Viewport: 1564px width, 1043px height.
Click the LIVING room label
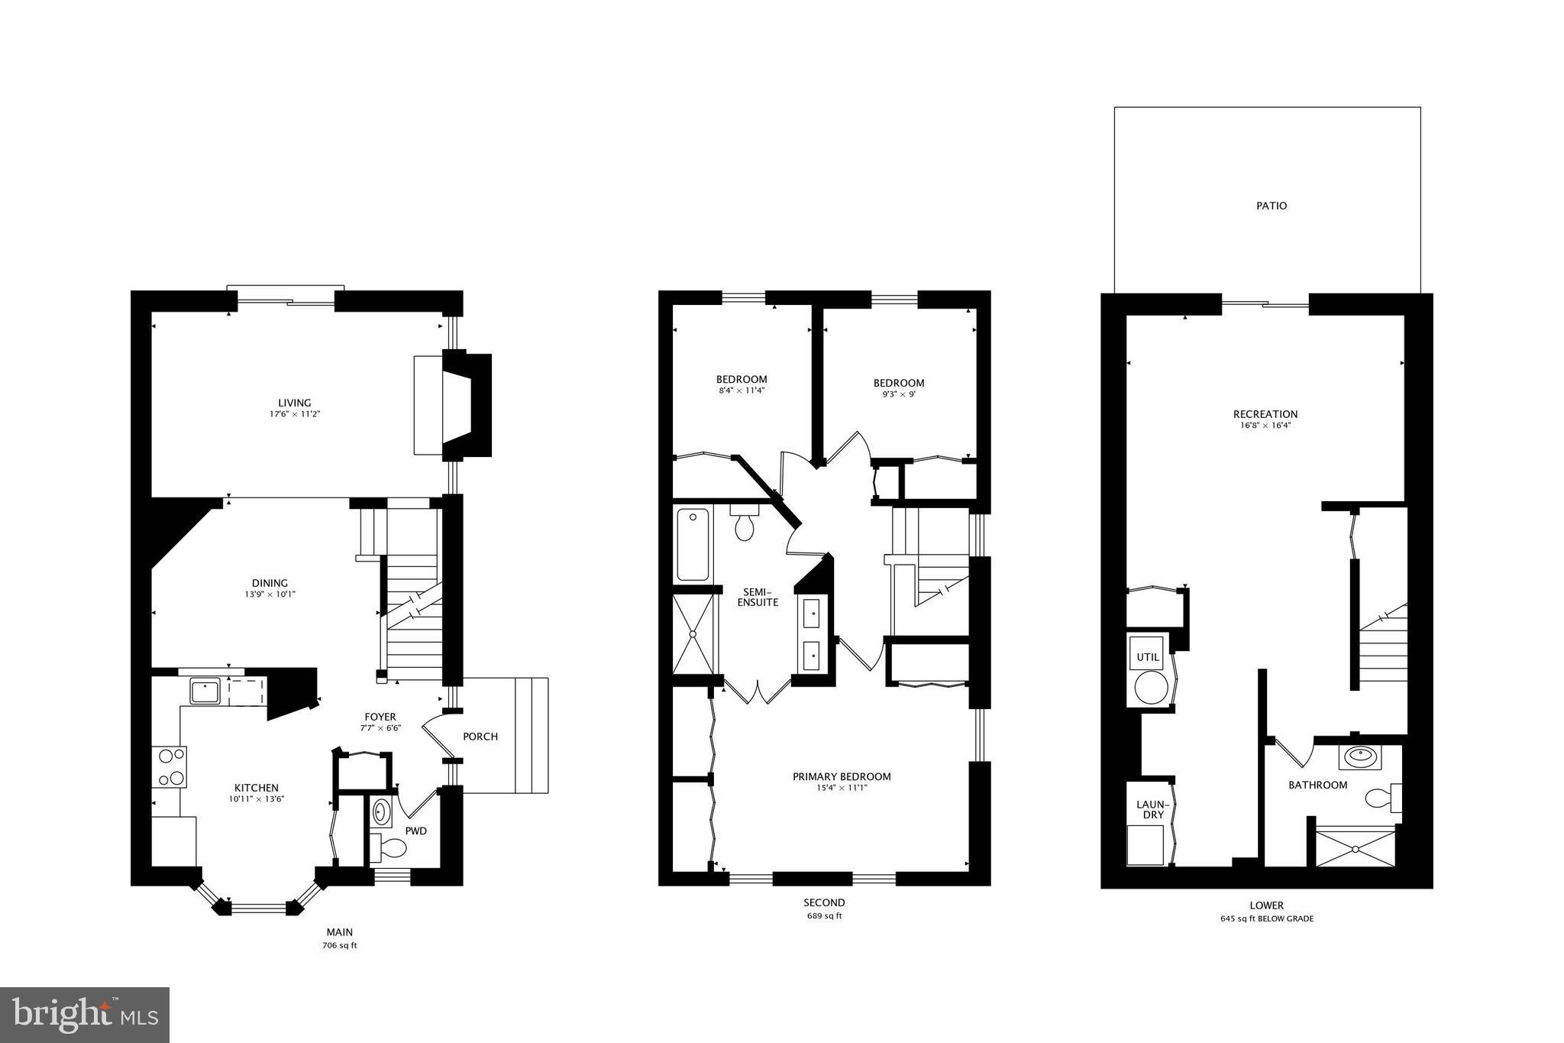(294, 403)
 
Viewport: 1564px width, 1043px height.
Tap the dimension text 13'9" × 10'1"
(270, 594)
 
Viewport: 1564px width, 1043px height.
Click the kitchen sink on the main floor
(205, 692)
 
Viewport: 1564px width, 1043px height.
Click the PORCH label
(480, 737)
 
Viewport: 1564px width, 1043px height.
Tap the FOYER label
(380, 717)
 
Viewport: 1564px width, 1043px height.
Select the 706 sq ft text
(340, 945)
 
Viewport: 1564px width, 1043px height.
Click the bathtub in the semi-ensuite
(692, 545)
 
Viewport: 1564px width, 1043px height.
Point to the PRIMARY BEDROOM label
(842, 776)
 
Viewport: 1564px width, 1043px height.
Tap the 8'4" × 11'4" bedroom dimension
(742, 390)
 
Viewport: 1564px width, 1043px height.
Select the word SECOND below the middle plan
(824, 902)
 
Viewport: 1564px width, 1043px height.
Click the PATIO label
(1272, 206)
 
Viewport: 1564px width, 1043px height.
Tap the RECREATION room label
(1265, 414)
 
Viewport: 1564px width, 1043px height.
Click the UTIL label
(1148, 657)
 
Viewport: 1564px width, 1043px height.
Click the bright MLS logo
(84, 1014)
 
